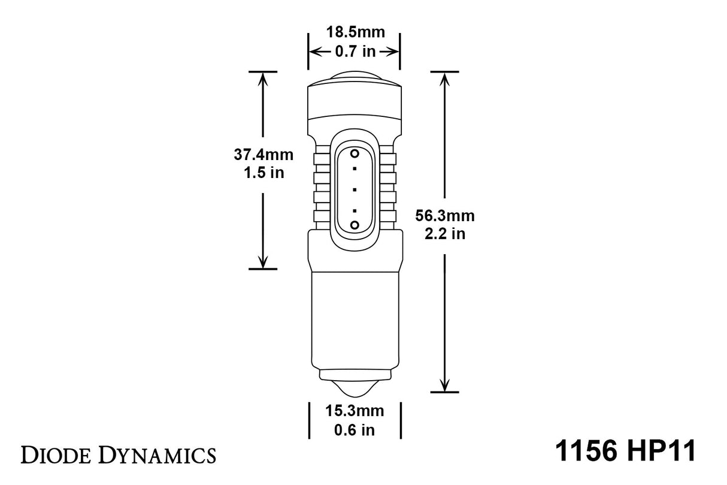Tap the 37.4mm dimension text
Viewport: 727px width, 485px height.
click(263, 155)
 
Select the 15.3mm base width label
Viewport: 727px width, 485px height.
click(355, 411)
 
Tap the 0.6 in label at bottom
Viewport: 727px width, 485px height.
click(355, 430)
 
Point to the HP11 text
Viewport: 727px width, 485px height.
click(665, 451)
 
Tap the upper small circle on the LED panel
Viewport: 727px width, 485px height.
click(355, 153)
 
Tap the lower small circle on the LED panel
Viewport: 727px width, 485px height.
click(355, 224)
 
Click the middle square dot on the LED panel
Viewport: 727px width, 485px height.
click(355, 189)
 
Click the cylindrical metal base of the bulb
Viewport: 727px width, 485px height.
click(355, 318)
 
